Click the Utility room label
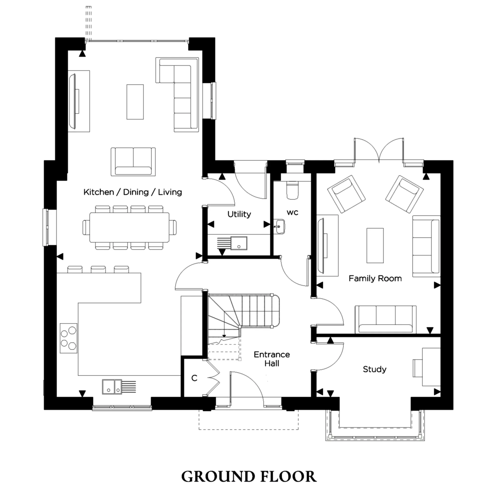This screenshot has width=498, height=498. [x=239, y=214]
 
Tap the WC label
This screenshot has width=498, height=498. [x=292, y=213]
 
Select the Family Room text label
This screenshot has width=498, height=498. [x=375, y=278]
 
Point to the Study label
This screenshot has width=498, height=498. [x=374, y=369]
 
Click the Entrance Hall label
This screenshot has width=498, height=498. [x=272, y=359]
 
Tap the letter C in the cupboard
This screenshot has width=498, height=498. [x=194, y=378]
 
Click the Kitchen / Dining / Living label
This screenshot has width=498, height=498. [x=132, y=192]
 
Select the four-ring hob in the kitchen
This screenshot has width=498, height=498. [x=68, y=338]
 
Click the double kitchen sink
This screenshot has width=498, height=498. [x=112, y=387]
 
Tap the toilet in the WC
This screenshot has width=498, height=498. [x=292, y=190]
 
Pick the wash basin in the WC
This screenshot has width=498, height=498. [x=279, y=227]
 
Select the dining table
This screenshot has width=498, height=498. [x=129, y=227]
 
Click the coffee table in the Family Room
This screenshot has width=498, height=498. [x=375, y=246]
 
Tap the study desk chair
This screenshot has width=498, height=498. [x=417, y=368]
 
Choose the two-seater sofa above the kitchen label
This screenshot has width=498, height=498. [x=133, y=162]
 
